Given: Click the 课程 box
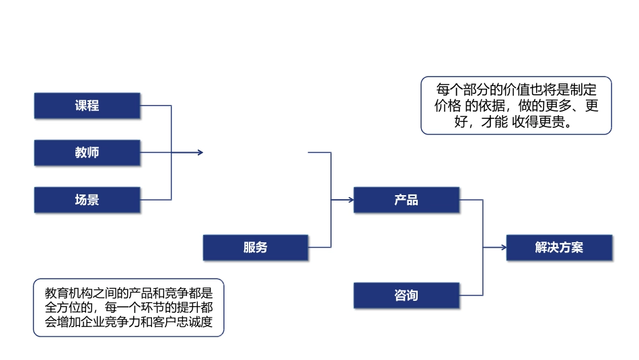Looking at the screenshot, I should (87, 106).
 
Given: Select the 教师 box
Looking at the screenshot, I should (87, 153).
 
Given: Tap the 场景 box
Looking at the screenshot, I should (87, 200).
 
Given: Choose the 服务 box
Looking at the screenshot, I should (256, 248).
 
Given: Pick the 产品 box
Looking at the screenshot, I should (406, 200).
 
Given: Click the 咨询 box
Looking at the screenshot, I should (406, 295).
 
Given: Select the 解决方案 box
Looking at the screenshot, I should (559, 248).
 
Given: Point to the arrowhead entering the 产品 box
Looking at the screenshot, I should (350, 200).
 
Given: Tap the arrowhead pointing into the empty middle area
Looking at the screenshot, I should (200, 153).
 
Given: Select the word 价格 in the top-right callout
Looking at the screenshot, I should (447, 106).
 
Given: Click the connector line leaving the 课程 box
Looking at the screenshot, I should (155, 106).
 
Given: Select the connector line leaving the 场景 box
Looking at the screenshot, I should (155, 200).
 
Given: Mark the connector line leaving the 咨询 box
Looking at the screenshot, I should (471, 295).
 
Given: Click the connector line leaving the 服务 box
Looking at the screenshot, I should (319, 248).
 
